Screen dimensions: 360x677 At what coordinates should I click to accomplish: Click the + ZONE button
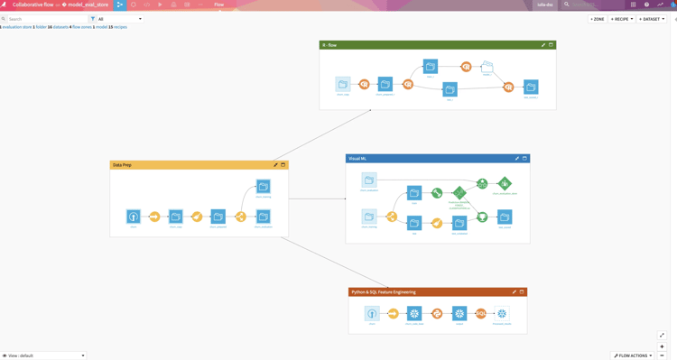[x=598, y=19]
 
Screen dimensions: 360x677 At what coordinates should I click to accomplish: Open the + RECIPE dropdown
[x=622, y=19]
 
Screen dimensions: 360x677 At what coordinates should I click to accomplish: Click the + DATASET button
[x=652, y=19]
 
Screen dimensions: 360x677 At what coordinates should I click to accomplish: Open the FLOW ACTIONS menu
[x=633, y=355]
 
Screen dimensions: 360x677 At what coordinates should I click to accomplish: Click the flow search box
[x=47, y=19]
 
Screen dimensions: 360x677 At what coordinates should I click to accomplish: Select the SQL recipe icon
[x=481, y=314]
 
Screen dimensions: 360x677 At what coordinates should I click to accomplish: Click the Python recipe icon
[x=437, y=314]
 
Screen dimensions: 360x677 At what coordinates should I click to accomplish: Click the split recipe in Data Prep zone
[x=241, y=217]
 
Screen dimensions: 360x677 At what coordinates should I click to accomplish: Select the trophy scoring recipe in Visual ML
[x=482, y=217]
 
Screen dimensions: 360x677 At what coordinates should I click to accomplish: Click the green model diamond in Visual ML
[x=459, y=192]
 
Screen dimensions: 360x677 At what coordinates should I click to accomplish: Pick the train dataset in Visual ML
[x=414, y=192]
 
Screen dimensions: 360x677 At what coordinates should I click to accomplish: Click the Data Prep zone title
[x=122, y=165]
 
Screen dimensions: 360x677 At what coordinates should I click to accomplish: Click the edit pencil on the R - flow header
[x=543, y=45]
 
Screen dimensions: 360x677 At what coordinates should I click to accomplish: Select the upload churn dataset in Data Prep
[x=133, y=217]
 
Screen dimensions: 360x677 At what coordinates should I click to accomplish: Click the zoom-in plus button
[x=662, y=346]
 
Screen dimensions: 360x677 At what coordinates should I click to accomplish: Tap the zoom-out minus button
[x=662, y=355]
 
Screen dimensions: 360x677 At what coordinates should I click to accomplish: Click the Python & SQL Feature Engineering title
[x=384, y=292]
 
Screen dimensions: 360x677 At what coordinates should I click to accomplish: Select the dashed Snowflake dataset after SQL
[x=503, y=314]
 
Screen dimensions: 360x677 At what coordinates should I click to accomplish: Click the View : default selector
[x=43, y=355]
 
